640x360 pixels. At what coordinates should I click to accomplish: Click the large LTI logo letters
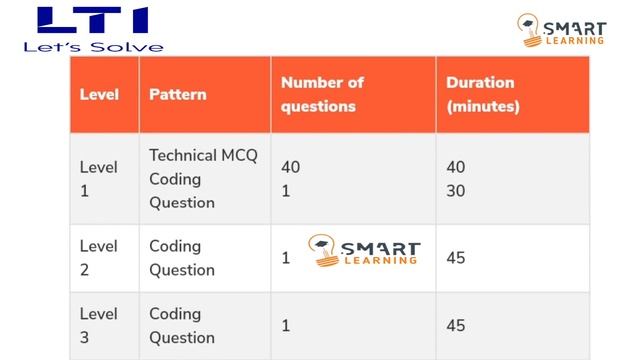[92, 21]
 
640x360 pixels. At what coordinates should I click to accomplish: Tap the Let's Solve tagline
[92, 46]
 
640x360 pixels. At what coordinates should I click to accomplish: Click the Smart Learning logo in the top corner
[563, 30]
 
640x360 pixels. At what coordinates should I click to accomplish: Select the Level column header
[99, 95]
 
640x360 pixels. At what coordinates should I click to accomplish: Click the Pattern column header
[178, 95]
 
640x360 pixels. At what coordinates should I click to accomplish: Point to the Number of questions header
[322, 95]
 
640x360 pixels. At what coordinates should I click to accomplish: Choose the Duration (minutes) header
[482, 95]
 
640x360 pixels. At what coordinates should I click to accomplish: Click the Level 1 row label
[98, 179]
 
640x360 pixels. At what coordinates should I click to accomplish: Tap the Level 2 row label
[98, 258]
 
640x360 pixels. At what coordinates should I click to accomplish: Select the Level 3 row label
[98, 326]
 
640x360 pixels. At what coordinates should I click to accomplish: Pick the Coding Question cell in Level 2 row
[182, 258]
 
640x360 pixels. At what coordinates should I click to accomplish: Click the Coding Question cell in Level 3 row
[182, 326]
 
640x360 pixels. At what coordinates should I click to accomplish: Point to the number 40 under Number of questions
[291, 167]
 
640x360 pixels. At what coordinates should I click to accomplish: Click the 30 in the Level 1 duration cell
[456, 190]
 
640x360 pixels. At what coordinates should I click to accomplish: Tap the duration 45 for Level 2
[456, 258]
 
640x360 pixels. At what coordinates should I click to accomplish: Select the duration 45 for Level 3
[456, 326]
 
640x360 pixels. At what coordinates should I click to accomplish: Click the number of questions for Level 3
[286, 326]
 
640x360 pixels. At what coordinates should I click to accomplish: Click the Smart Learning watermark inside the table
[364, 252]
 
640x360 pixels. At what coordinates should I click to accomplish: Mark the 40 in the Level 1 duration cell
[456, 167]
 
